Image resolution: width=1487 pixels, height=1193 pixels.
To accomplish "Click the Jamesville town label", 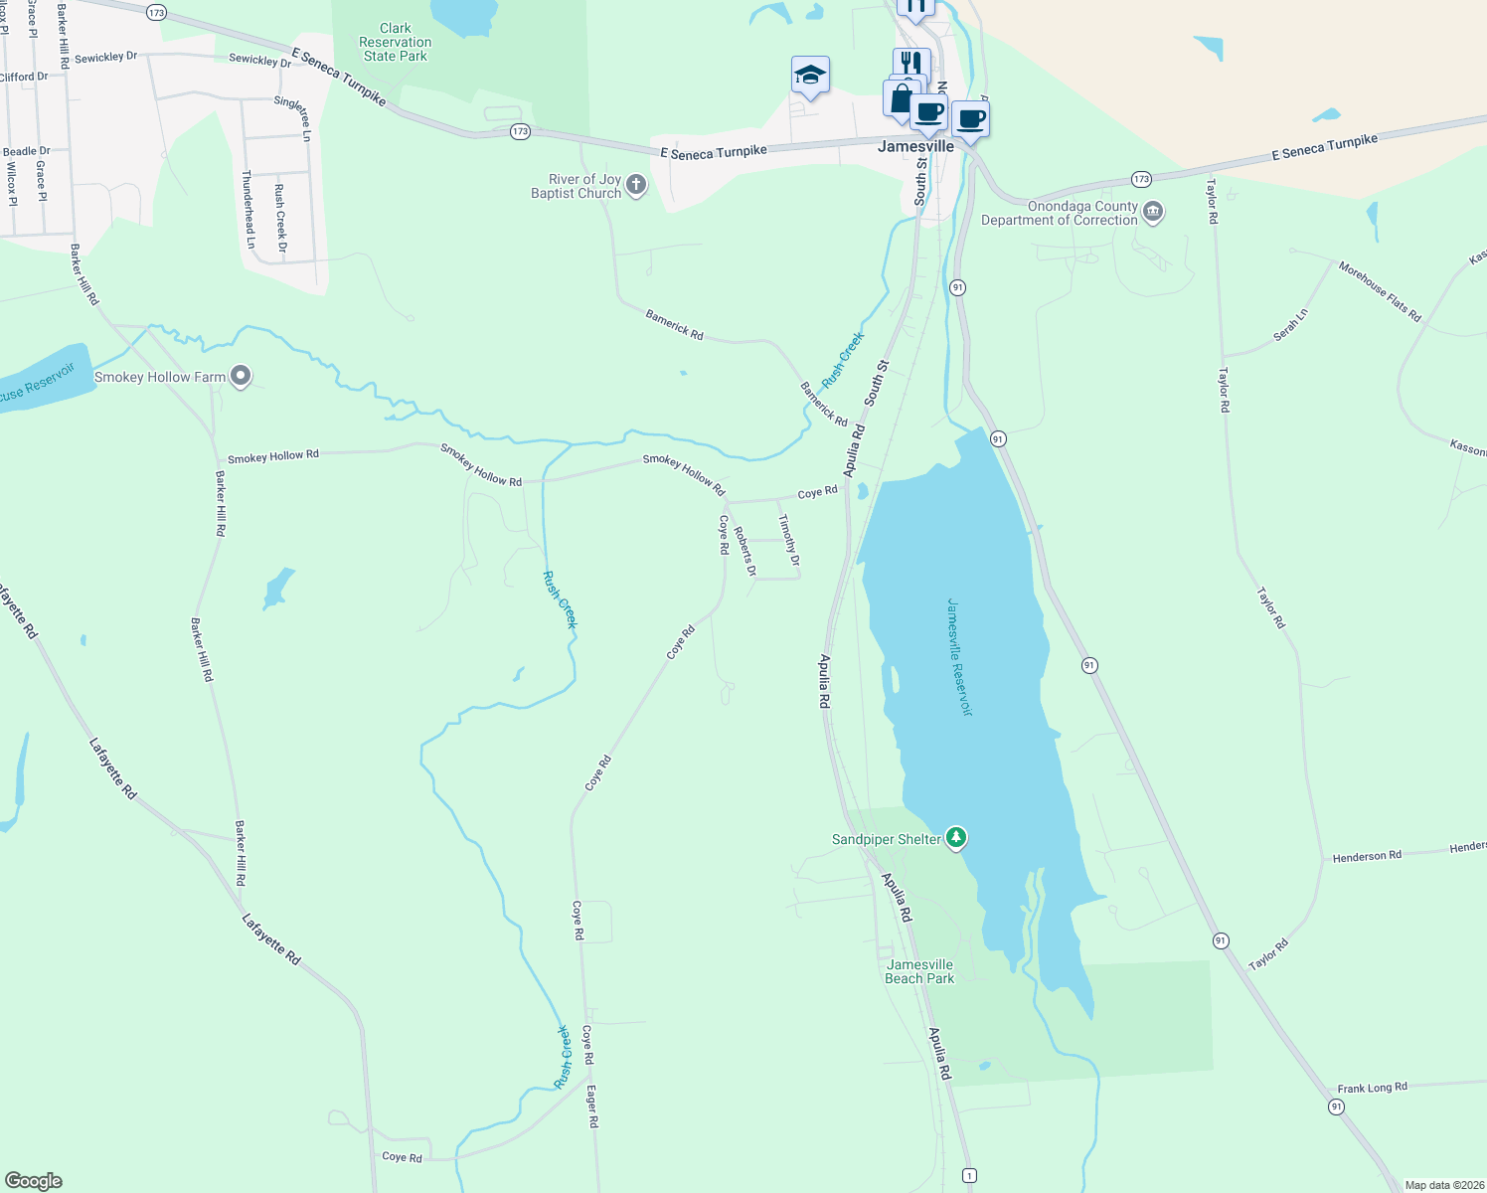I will click(915, 146).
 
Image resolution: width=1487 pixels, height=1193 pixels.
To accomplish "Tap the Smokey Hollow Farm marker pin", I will click(241, 377).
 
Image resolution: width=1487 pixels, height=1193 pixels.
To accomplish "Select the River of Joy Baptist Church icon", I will click(637, 185).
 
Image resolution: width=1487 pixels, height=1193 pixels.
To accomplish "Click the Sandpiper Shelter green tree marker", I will click(956, 838).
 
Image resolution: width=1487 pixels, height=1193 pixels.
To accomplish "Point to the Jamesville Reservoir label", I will click(959, 656).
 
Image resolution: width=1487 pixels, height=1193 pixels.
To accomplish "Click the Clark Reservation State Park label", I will click(395, 43).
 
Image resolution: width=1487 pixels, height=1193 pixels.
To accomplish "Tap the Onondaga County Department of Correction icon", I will click(1153, 212).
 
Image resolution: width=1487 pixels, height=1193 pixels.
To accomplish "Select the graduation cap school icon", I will click(810, 76).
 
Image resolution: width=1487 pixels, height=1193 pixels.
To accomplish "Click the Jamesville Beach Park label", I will click(919, 971).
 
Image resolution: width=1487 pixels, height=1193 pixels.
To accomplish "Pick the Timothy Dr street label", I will click(788, 540).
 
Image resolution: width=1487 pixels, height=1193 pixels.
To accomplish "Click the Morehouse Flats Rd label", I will click(1380, 291).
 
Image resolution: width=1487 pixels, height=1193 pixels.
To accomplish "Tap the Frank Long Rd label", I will click(1372, 1088).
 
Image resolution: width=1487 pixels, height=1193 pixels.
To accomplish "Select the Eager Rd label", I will click(592, 1106).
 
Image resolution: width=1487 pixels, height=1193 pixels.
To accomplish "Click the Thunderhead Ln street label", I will click(248, 209).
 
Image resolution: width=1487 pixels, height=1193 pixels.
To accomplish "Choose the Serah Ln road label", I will click(1291, 325).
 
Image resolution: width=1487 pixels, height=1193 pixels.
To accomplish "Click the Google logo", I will click(34, 1181).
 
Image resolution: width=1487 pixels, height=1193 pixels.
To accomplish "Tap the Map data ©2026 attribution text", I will click(1444, 1185).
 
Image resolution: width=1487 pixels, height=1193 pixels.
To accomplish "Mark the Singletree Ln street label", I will click(292, 118).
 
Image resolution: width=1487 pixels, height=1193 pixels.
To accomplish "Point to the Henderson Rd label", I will click(1367, 856).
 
